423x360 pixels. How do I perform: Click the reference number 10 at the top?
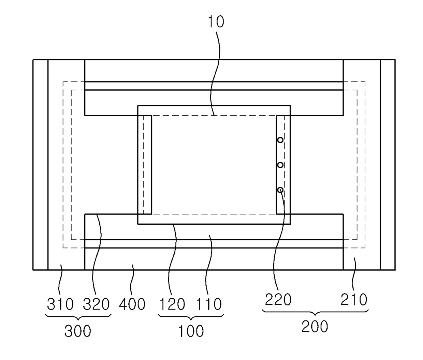coord(216,22)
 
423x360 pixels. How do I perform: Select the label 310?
coord(60,304)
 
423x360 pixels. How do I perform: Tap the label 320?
coord(97,304)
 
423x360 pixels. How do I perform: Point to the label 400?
coord(132,304)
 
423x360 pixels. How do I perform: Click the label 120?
coord(173,304)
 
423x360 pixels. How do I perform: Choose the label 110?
coord(209,304)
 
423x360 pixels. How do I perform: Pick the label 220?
coord(278,300)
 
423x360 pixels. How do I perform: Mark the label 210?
coord(354,300)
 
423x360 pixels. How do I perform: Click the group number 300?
coord(78,331)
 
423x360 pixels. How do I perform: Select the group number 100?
coord(191,331)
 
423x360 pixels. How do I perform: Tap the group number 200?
coord(315,327)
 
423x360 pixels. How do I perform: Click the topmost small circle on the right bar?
coord(280,140)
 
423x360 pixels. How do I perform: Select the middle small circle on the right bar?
coord(280,165)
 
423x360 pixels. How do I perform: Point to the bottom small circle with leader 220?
coord(280,190)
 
